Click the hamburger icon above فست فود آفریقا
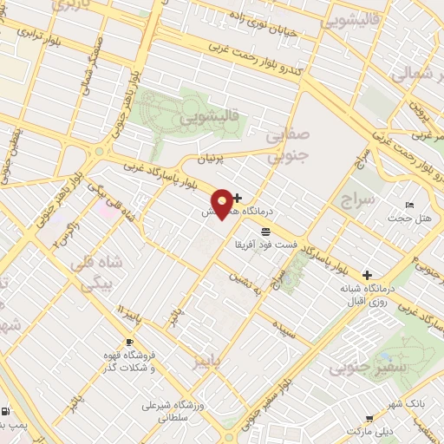pyautogui.click(x=264, y=232)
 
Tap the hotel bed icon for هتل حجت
pyautogui.click(x=409, y=205)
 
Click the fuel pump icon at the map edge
pyautogui.click(x=7, y=412)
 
